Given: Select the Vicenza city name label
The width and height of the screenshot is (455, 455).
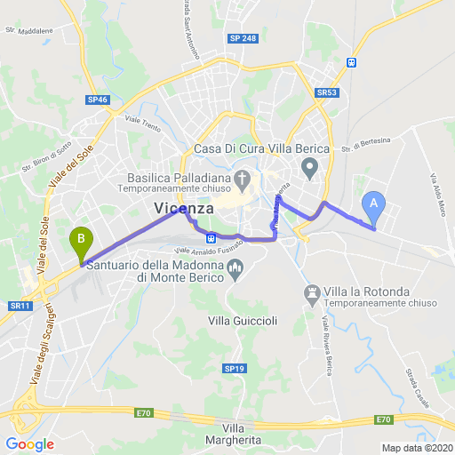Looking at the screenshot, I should coord(184,208).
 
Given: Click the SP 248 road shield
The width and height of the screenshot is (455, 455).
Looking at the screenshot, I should coord(243,38).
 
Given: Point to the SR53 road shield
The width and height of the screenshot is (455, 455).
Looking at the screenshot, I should coord(326,92).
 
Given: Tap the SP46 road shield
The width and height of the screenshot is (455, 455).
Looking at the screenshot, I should coord(98,100).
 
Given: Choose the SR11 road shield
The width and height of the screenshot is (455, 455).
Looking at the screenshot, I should coord(20,306).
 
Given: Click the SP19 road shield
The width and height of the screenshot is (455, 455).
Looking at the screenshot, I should coord(234,343).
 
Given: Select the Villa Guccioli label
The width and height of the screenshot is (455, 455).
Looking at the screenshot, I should coord(237,319).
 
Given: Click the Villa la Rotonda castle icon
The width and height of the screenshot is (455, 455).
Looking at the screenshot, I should coord(312,291).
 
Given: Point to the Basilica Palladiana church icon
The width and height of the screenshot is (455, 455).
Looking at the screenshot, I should coord(243,181).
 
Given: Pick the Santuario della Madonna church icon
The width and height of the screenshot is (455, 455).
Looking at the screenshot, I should coord(235,267).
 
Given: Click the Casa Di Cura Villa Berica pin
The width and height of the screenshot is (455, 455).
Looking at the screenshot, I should coord(310,167).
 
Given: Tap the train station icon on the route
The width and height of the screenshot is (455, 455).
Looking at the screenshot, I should coord(211,237).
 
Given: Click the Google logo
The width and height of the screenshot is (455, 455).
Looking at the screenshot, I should coord(29,444).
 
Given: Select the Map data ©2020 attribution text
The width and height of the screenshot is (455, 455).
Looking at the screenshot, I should coord(417,447).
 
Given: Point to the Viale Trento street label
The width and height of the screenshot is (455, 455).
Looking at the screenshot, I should coord(142,123).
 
